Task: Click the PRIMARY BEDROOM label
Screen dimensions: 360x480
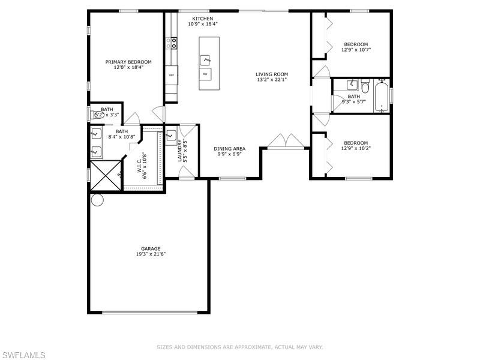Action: pyautogui.click(x=128, y=62)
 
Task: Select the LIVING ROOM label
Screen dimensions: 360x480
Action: pyautogui.click(x=272, y=74)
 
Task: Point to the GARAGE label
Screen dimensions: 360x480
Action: pyautogui.click(x=151, y=248)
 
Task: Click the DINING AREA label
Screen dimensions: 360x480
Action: pyautogui.click(x=230, y=148)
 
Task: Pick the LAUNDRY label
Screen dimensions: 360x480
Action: pyautogui.click(x=180, y=151)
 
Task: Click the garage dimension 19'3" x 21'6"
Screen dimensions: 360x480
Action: pyautogui.click(x=151, y=254)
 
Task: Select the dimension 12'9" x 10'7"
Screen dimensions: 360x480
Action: pyautogui.click(x=356, y=50)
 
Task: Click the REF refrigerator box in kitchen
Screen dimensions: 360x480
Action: pyautogui.click(x=172, y=75)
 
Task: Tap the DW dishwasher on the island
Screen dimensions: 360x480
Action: pyautogui.click(x=205, y=74)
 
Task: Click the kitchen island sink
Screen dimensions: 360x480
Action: pyautogui.click(x=205, y=59)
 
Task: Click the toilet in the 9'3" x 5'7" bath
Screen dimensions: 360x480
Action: pyautogui.click(x=364, y=85)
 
